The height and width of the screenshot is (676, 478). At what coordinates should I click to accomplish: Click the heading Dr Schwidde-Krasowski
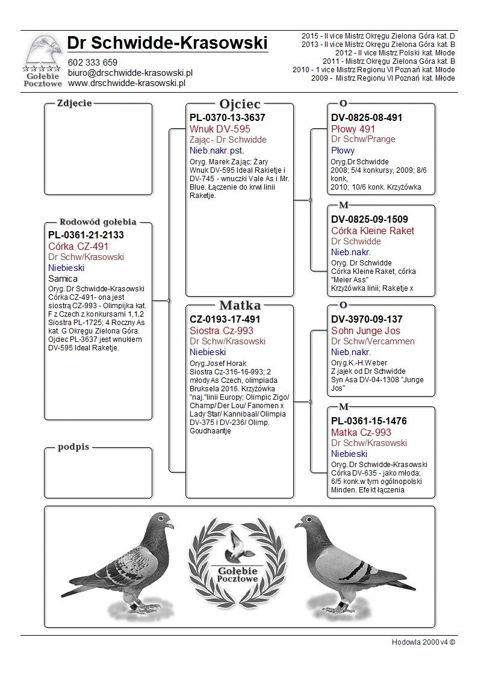point(167,43)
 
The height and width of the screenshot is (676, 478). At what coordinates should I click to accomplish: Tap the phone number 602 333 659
point(93,63)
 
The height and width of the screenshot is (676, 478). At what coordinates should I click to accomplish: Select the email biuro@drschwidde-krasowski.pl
point(130,73)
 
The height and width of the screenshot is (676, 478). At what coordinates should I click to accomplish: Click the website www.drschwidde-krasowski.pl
point(126,83)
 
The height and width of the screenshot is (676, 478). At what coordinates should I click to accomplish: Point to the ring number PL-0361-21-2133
point(86,235)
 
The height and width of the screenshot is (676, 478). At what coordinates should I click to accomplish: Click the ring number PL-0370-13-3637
point(228,118)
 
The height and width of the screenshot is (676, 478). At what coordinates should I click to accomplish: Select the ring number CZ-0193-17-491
point(225,320)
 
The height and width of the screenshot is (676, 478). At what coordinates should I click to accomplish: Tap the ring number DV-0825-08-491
point(367,118)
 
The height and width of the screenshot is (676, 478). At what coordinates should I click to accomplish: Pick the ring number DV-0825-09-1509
point(370,220)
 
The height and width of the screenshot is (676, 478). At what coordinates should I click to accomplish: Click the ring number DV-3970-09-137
point(367,320)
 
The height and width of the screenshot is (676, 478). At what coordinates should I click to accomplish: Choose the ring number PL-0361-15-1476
point(370,421)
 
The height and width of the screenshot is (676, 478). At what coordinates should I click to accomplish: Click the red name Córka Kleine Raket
point(373,231)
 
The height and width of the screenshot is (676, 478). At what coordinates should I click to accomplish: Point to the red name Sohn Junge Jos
point(365,330)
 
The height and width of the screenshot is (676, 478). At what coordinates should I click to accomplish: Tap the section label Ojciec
point(240,104)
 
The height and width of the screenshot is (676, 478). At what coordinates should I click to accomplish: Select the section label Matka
point(240,305)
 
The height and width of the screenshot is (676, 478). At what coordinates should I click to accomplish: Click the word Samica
point(63,279)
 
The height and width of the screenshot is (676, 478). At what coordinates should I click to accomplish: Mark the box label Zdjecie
point(74,103)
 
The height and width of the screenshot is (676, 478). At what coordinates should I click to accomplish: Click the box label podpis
point(73,447)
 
